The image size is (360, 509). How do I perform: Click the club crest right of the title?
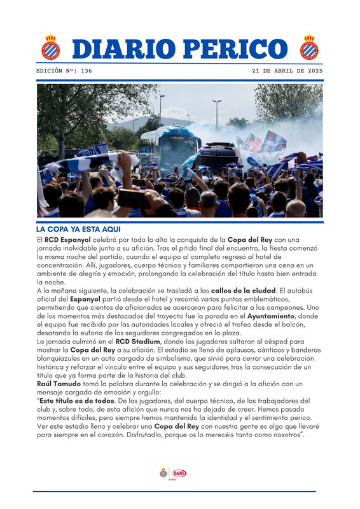[310, 48]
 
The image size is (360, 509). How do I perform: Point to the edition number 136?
[86, 71]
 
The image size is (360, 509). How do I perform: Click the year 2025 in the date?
[313, 71]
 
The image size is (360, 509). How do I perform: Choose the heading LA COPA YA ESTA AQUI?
[78, 229]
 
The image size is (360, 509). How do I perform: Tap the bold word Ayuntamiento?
[270, 316]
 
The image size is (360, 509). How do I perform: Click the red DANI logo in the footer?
[179, 473]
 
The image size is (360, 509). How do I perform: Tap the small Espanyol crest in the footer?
[164, 473]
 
